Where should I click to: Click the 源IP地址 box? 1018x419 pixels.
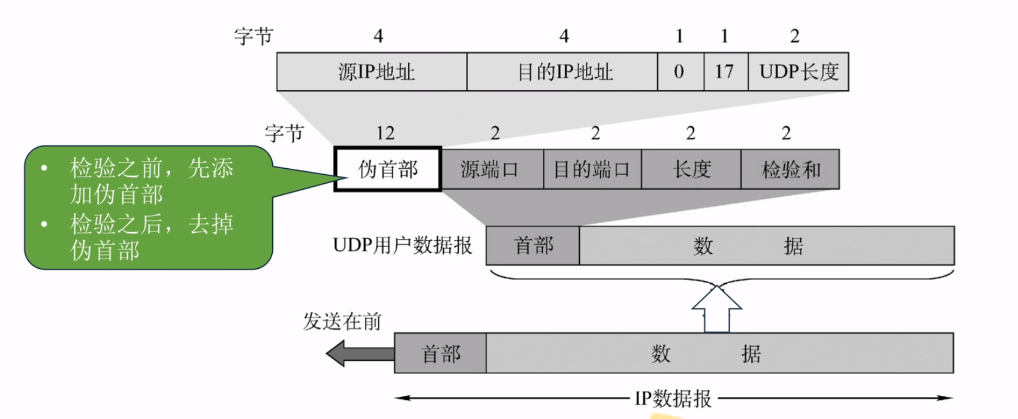coord(372,72)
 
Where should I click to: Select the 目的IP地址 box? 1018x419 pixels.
coord(562,72)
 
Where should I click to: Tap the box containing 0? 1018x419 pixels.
coord(680,72)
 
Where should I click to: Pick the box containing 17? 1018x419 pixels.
coord(725,72)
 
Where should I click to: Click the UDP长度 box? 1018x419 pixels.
coord(798,72)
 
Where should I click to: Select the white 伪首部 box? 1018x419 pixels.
coord(388,169)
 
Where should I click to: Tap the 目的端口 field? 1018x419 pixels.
coord(592,169)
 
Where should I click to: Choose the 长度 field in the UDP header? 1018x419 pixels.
coord(691,169)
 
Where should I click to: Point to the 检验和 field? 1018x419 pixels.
coord(790,169)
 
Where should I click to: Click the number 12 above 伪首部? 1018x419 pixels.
coord(385,133)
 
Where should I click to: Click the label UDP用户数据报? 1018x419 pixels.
coord(402,245)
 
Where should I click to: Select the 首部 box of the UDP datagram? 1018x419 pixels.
coord(532,245)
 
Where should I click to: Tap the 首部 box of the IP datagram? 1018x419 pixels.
coord(440,353)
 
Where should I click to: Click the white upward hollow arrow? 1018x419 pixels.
coord(717,308)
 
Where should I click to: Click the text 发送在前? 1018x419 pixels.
coord(342,321)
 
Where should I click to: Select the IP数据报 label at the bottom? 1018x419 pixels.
coord(673,398)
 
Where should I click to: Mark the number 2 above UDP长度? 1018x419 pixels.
coord(794,36)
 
